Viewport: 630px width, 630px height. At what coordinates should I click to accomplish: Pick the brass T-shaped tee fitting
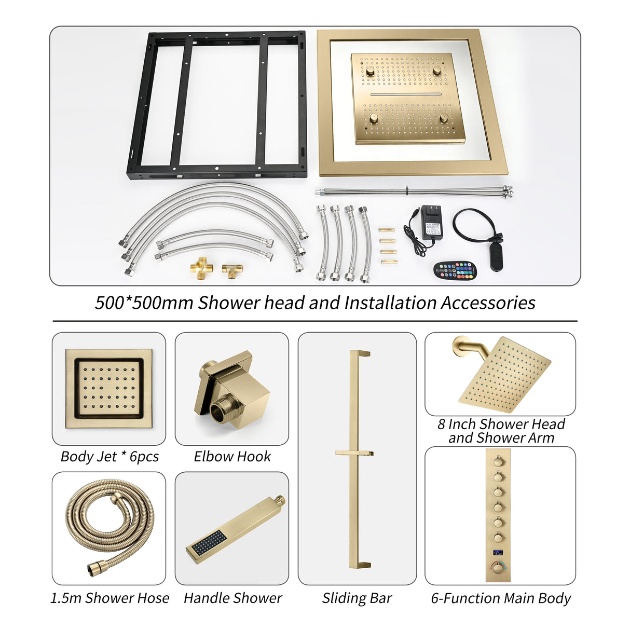232,269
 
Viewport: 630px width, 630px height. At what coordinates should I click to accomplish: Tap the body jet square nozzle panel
108,388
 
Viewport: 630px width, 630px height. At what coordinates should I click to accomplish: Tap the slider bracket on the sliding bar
355,454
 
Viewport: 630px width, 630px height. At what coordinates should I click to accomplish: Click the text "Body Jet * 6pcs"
109,457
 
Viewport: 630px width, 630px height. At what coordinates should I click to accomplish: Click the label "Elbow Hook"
232,457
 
